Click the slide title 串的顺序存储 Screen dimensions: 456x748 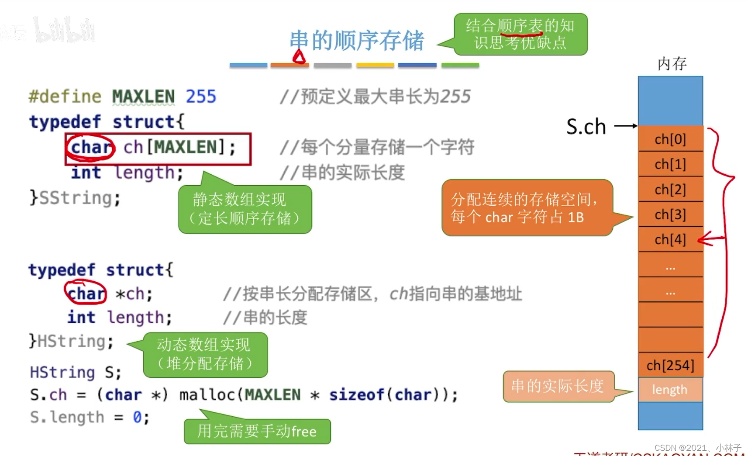(356, 41)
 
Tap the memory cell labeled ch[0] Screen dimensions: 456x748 (670, 139)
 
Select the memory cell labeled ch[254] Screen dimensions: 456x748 (670, 365)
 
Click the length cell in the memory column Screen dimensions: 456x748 (670, 390)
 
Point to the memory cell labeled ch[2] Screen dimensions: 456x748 (670, 190)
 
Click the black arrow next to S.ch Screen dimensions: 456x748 (625, 126)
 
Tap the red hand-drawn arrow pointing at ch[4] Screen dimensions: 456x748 (710, 239)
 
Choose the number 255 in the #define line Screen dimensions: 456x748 (201, 97)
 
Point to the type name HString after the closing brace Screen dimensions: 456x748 (75, 341)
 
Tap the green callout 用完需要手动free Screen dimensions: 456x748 (257, 432)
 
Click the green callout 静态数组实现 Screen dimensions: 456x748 (245, 209)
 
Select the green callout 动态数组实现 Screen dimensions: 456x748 (205, 354)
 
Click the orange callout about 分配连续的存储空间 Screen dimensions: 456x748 (527, 208)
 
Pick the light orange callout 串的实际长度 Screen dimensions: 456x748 (558, 386)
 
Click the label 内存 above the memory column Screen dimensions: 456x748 (672, 64)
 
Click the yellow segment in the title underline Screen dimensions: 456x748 (375, 65)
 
